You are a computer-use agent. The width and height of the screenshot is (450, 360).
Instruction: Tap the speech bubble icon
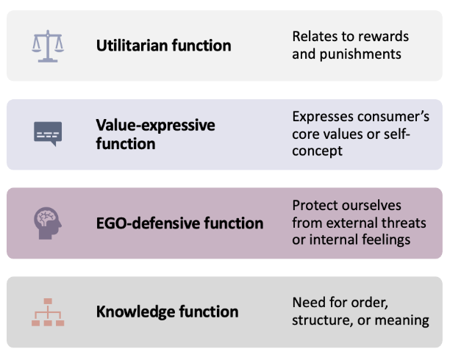48,134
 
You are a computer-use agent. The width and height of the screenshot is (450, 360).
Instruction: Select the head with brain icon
48,223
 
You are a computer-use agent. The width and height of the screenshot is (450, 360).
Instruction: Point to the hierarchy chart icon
48,312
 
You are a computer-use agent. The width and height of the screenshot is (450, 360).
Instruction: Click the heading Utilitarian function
163,46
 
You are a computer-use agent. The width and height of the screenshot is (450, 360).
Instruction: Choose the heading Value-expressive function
155,134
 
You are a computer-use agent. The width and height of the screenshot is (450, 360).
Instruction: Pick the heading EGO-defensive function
179,223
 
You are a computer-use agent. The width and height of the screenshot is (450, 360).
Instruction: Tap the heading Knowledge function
167,312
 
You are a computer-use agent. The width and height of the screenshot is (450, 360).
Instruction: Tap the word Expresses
321,116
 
